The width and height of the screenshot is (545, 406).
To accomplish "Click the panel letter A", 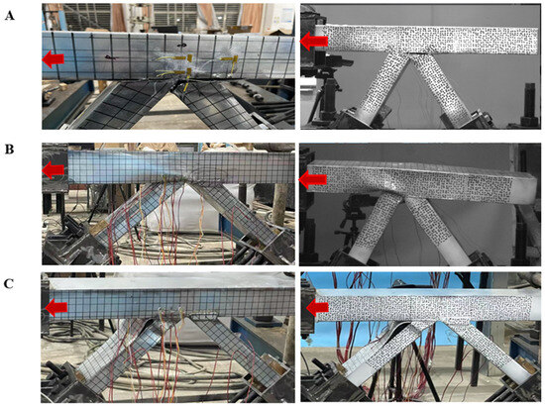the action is point(9,16).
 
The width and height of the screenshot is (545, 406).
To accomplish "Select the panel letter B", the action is point(9,149).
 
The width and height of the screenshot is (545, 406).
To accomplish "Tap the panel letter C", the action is point(9,284).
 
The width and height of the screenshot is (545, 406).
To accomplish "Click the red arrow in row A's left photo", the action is point(53,59).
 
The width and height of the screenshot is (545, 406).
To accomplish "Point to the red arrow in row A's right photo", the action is point(314,41).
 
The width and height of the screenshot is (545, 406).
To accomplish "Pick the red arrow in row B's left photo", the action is point(53,170).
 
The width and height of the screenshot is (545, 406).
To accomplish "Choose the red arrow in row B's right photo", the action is point(313,179).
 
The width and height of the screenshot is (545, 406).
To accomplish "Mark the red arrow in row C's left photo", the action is point(56,308).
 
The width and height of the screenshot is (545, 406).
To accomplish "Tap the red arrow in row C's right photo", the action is point(317,307).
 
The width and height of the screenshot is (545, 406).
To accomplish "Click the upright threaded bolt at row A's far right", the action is point(530,101).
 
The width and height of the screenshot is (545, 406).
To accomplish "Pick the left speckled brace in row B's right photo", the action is point(374,228).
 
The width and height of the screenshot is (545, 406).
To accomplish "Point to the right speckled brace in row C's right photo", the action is point(490,351).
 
